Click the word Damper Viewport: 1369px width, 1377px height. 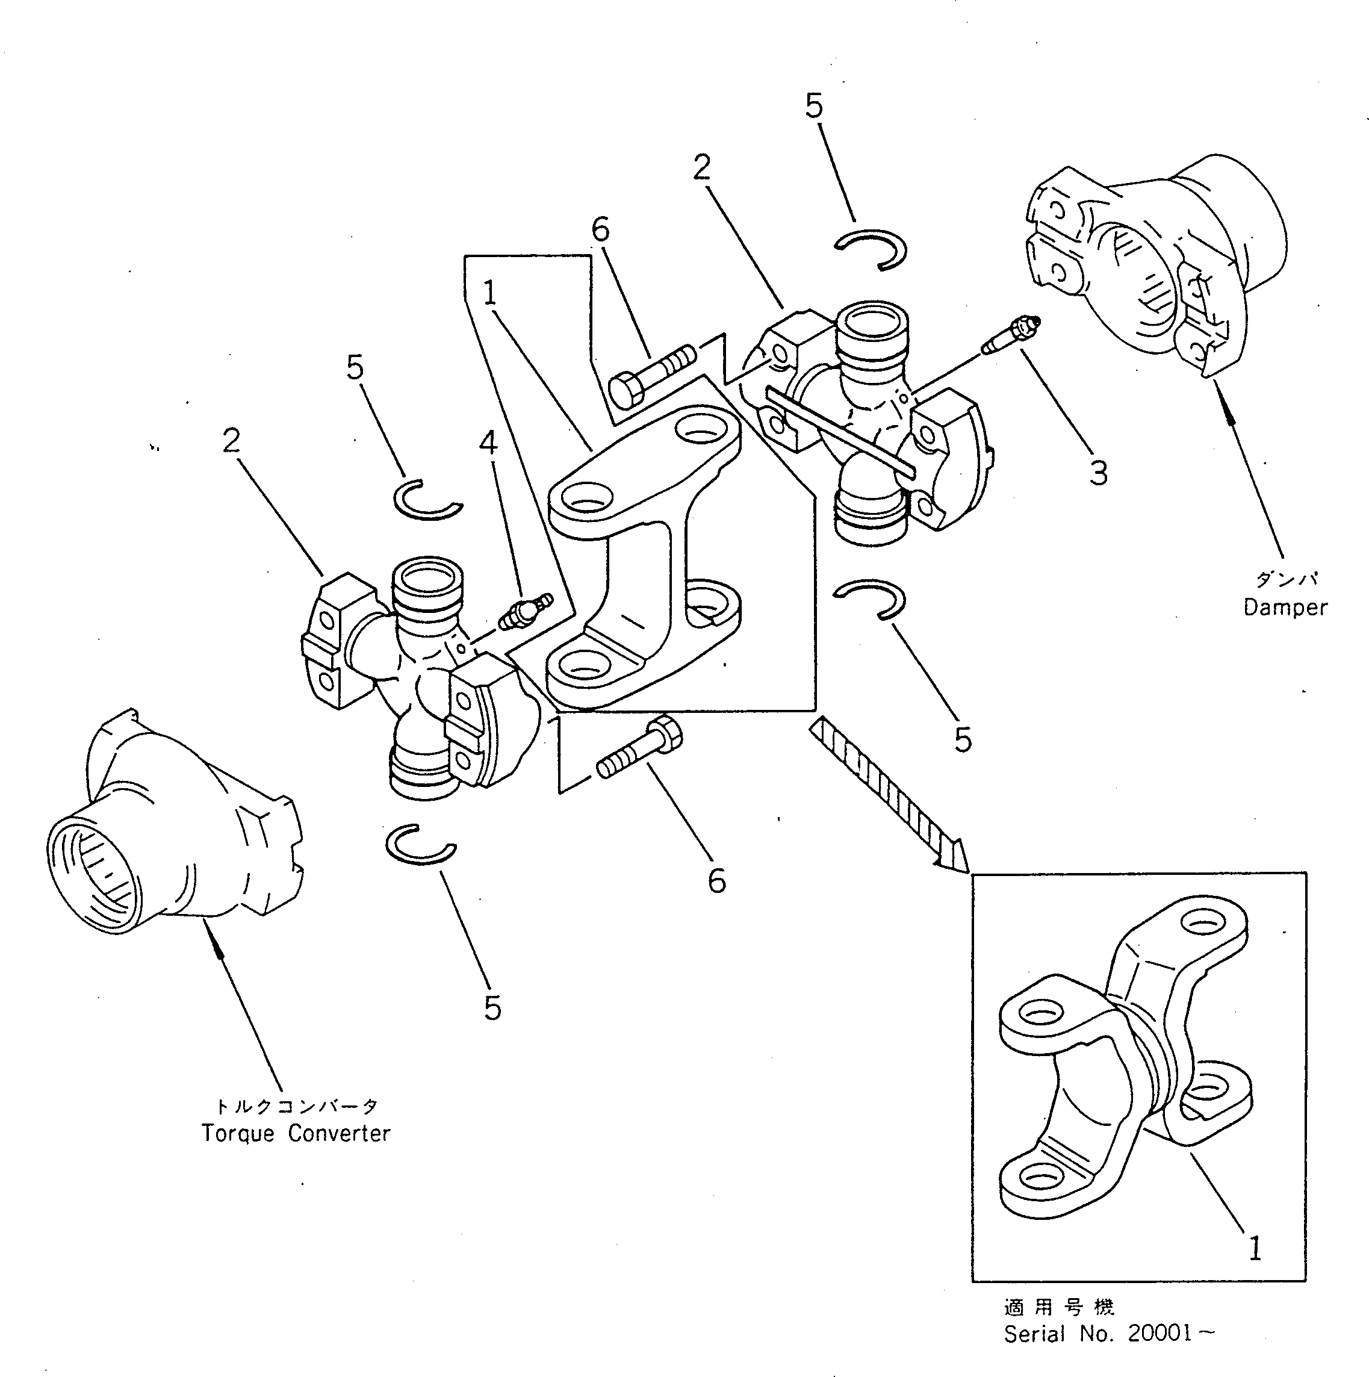coord(1285,608)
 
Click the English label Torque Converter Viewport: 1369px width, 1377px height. coord(296,1133)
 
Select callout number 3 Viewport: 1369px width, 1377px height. coord(1098,473)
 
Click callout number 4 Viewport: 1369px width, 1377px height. coord(488,443)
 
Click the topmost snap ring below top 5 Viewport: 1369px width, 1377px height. coord(870,250)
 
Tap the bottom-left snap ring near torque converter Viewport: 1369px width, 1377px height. coord(420,844)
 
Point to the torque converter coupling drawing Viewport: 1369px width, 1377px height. coord(171,819)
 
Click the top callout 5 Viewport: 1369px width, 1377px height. coord(814,105)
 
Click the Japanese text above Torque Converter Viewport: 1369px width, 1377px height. coord(296,1106)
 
